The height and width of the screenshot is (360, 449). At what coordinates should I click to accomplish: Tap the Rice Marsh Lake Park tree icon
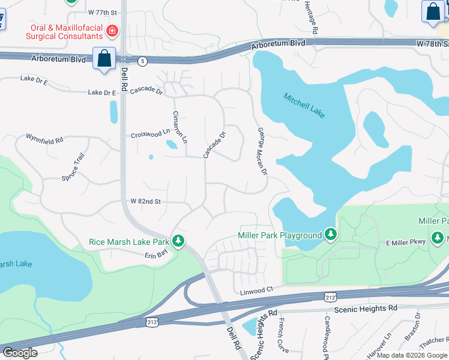[x=178, y=241]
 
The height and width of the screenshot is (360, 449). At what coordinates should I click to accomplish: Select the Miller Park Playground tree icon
[x=330, y=234]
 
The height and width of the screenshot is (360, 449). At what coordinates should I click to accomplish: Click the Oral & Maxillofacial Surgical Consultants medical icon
[x=110, y=31]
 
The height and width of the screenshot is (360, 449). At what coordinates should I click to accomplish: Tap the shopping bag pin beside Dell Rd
[x=104, y=59]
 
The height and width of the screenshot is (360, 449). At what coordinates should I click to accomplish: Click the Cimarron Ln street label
[x=180, y=127]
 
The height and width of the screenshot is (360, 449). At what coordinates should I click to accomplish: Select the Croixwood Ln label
[x=151, y=135]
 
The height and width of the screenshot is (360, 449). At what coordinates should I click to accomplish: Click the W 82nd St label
[x=146, y=201]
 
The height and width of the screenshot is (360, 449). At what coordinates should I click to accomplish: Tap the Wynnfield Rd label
[x=44, y=139]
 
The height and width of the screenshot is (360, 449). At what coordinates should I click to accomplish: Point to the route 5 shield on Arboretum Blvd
[x=142, y=61]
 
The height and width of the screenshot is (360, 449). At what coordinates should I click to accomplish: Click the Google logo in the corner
[x=19, y=353]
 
